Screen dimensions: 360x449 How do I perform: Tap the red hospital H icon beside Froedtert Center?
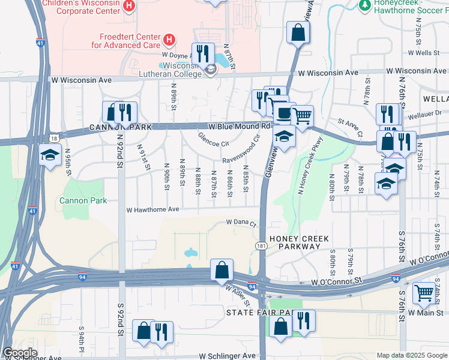170,40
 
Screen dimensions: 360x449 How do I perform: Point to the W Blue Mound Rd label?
240,127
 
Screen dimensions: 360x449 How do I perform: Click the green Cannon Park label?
83,200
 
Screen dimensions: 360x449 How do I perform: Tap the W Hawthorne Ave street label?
152,210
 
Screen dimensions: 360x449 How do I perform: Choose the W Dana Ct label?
241,223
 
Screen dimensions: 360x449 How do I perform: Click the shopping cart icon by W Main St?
424,293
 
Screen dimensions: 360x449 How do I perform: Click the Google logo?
20,353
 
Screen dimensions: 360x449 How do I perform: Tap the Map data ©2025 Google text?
411,355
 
